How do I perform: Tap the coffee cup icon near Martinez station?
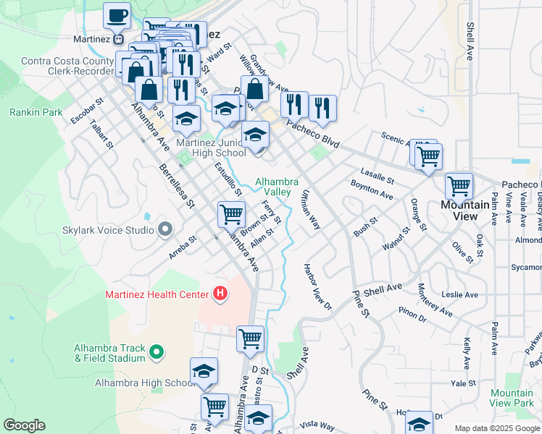pos(117,14)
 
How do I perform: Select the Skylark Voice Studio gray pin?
pos(165,230)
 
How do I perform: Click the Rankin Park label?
pos(36,112)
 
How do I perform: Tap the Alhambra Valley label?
pos(272,186)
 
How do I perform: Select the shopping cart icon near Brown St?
pos(231,213)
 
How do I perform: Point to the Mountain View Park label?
pos(511,398)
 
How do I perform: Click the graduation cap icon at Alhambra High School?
pos(204,370)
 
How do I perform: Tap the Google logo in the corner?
pos(24,425)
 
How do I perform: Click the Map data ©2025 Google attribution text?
pos(496,428)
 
